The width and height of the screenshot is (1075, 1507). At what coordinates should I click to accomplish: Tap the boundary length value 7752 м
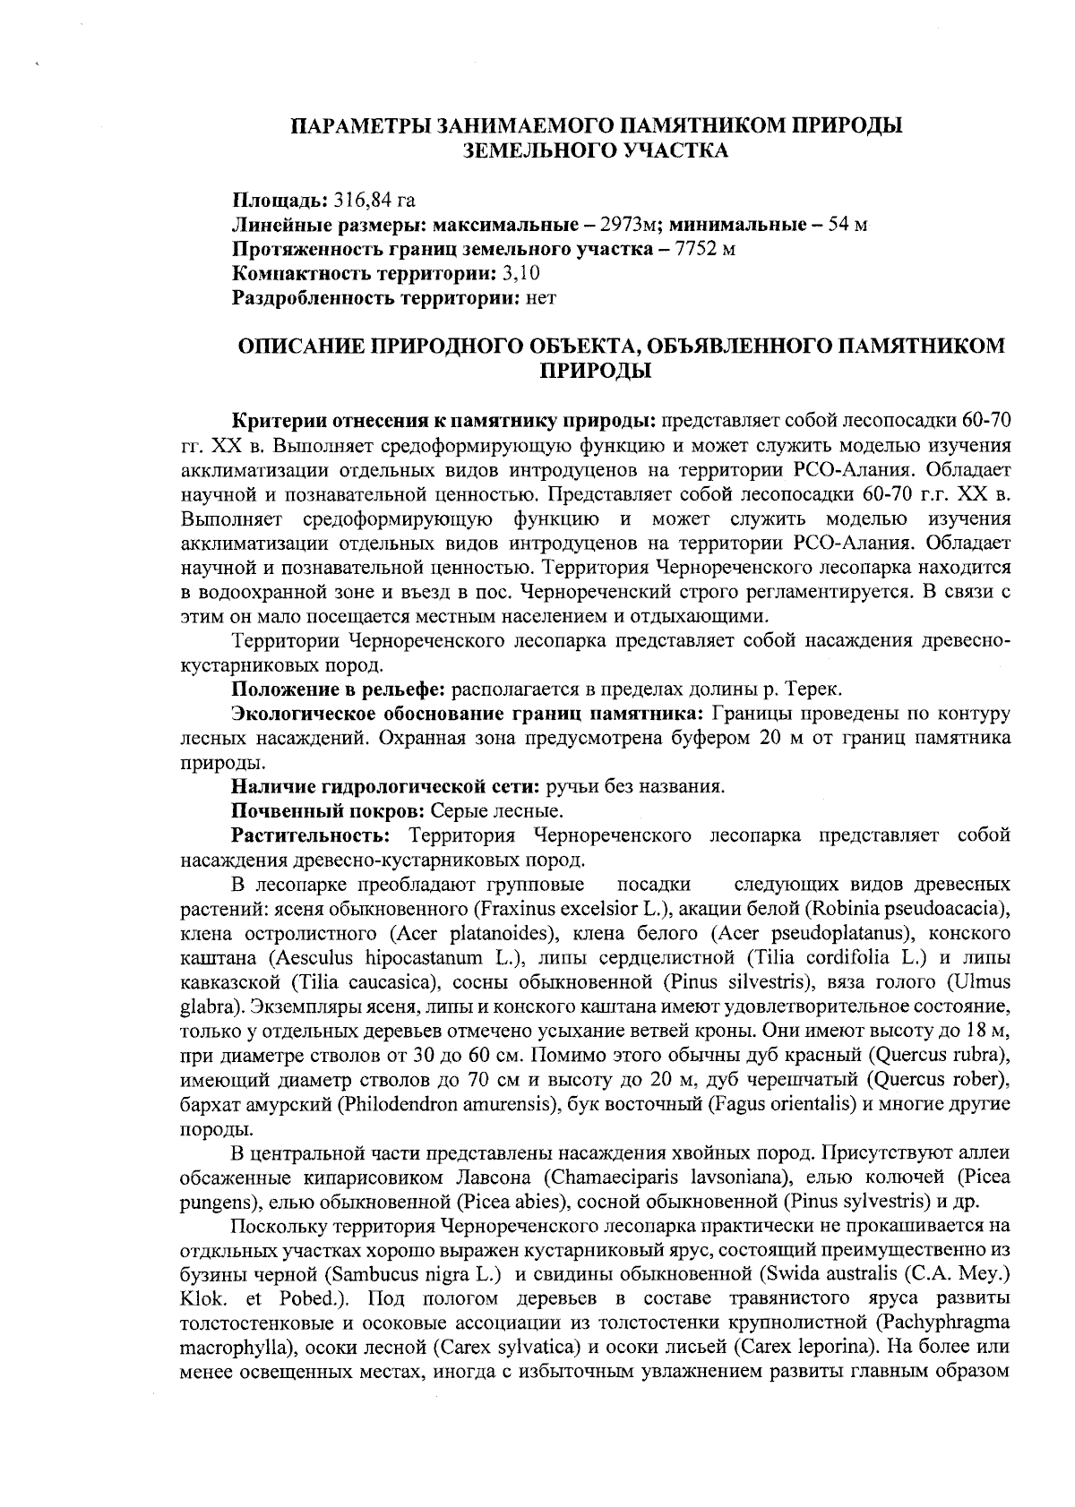coord(705,248)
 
